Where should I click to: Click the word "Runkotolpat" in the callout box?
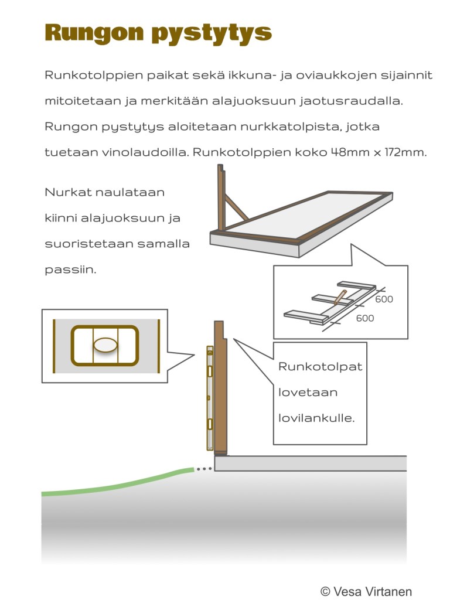pyautogui.click(x=320, y=367)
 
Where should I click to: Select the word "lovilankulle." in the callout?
pyautogui.click(x=316, y=419)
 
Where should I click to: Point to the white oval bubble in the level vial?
pyautogui.click(x=105, y=346)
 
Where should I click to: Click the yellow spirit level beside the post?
pyautogui.click(x=210, y=398)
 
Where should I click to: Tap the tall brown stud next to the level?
pyautogui.click(x=220, y=387)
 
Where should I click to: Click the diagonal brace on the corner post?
pyautogui.click(x=236, y=208)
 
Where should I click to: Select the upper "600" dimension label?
pyautogui.click(x=384, y=299)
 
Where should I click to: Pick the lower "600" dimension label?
pyautogui.click(x=364, y=318)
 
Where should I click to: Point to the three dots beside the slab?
pyautogui.click(x=203, y=469)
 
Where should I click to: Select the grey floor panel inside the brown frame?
pyautogui.click(x=305, y=214)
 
